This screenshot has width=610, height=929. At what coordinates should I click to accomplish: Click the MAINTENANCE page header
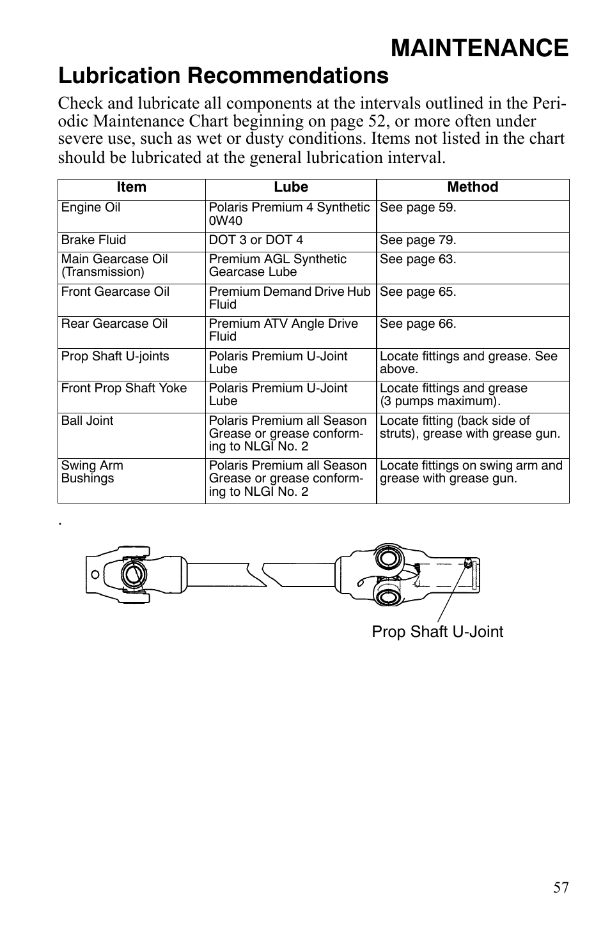tap(479, 48)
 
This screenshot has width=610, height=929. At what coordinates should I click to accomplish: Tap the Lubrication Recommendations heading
tap(223, 76)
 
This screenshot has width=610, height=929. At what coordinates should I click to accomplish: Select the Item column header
tap(131, 187)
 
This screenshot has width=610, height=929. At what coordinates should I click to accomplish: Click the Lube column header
tap(290, 187)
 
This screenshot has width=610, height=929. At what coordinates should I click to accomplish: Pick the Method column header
tap(472, 187)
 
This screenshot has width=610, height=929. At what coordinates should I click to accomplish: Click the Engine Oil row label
tap(91, 208)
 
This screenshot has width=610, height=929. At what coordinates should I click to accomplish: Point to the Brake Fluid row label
tap(93, 240)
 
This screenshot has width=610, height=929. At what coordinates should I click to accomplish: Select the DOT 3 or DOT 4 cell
tap(256, 240)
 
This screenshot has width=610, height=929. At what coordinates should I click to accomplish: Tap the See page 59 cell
tap(418, 208)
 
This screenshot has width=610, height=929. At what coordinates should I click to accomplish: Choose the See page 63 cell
tap(418, 259)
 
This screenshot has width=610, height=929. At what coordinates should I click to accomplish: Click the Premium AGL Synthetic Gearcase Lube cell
tap(278, 266)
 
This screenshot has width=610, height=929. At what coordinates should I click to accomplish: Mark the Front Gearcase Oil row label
tap(115, 292)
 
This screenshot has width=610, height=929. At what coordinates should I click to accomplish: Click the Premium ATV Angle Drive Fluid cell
tap(283, 330)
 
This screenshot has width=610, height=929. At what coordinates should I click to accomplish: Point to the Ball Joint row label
tap(87, 421)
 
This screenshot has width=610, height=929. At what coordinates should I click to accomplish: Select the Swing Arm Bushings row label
tap(92, 472)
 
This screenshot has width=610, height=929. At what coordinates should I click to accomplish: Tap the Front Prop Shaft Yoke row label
tap(124, 388)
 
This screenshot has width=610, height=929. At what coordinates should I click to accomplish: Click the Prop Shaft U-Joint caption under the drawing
tap(437, 632)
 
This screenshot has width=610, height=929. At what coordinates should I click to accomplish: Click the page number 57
tap(561, 887)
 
